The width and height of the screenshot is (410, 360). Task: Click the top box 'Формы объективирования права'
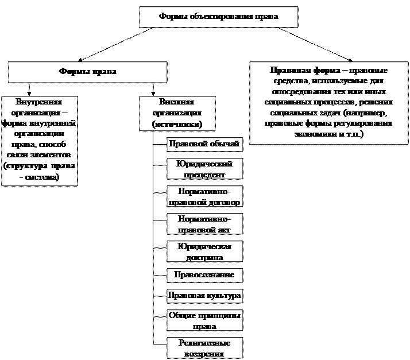[218, 17]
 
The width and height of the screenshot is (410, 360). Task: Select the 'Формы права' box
[87, 72]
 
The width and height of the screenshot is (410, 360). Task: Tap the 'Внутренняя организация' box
[40, 140]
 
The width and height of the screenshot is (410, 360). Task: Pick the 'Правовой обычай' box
[204, 144]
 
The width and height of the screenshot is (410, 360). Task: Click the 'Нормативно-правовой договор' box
[204, 196]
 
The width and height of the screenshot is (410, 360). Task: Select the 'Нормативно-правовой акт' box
[204, 224]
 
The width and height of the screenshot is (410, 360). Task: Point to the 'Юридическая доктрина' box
[204, 251]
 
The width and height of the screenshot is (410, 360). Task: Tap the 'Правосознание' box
[204, 275]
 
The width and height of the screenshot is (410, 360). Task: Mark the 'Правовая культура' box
[204, 296]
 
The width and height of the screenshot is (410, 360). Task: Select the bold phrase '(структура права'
[40, 167]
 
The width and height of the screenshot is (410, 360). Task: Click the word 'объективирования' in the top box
[216, 17]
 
